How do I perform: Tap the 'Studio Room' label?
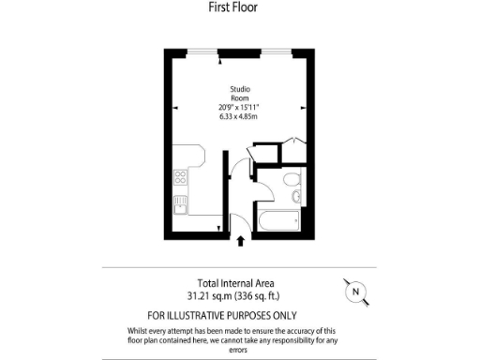click(x=240, y=94)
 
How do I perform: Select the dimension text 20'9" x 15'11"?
click(x=240, y=107)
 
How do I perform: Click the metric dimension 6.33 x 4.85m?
click(x=240, y=117)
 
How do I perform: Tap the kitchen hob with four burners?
click(x=180, y=178)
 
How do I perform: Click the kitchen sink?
click(x=180, y=200)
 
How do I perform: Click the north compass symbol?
click(x=354, y=292)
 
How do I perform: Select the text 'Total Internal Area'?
click(x=235, y=283)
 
